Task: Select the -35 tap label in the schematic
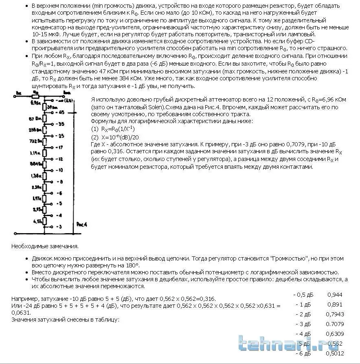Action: tap(61, 123)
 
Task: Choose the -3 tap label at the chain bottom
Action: tap(59, 226)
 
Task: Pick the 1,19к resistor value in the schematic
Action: tap(35, 152)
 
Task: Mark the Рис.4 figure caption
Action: tap(81, 225)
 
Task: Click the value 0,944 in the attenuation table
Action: tap(335, 294)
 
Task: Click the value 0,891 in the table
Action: tap(335, 304)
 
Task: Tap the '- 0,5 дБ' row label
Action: tap(302, 294)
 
